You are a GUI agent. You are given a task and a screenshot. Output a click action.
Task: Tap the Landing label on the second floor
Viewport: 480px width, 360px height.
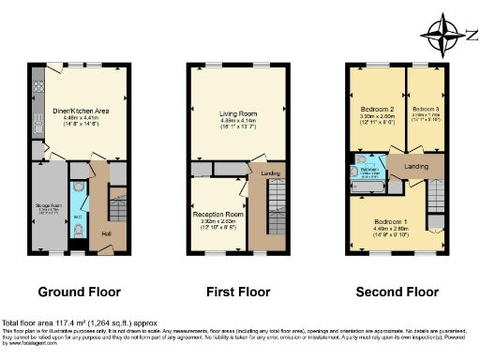[415, 167]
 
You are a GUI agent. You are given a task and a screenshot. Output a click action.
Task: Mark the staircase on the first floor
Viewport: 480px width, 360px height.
[270, 211]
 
